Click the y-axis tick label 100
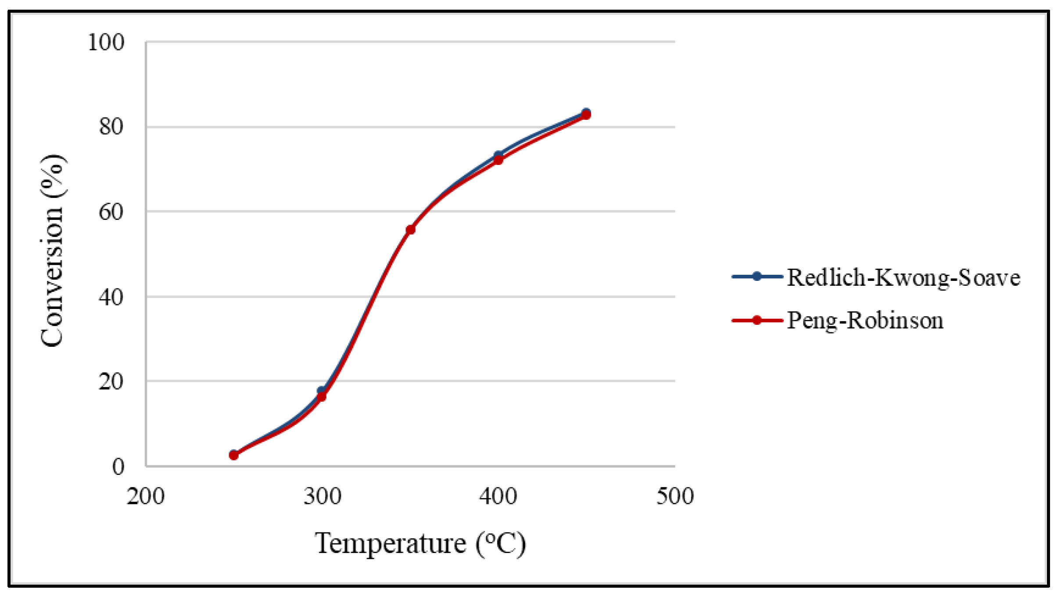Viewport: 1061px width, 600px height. [106, 43]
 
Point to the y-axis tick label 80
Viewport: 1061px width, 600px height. [111, 127]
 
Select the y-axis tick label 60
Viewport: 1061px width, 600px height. [111, 212]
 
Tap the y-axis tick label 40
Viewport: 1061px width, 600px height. [111, 297]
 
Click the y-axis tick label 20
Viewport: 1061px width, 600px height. [111, 381]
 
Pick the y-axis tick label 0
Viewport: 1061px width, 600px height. [118, 466]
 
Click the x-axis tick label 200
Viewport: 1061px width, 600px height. [146, 497]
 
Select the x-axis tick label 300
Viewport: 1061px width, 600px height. [323, 497]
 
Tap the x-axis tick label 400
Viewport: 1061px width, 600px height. [498, 497]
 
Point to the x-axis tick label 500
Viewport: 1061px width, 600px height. [675, 497]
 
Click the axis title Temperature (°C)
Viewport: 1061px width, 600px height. [420, 543]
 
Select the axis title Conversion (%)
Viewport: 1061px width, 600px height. [52, 251]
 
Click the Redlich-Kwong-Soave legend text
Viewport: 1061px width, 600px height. [903, 278]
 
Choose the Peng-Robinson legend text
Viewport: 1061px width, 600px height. [864, 320]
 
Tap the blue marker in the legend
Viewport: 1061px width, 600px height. [757, 277]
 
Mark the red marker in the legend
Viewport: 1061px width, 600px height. [757, 320]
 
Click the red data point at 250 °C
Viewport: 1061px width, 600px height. [234, 456]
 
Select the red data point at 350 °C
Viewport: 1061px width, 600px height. [410, 230]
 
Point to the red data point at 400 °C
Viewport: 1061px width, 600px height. [498, 160]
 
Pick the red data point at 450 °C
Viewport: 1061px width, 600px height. [586, 115]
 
